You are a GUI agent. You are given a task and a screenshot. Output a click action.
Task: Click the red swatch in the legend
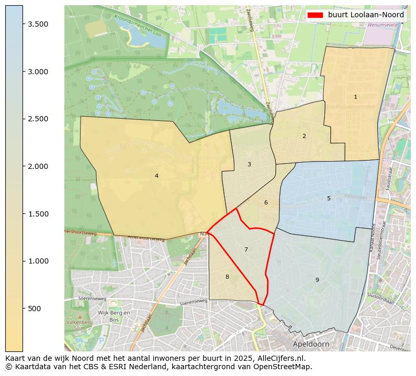point(316,15)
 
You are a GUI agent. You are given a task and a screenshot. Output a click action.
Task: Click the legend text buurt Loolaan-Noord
point(366,15)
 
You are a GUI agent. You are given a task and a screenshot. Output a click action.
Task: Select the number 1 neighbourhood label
point(355,97)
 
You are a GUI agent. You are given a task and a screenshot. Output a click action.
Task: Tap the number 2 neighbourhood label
point(304,136)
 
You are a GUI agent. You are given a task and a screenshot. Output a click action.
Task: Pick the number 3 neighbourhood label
point(249,164)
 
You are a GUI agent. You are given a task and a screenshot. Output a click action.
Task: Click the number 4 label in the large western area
point(156,176)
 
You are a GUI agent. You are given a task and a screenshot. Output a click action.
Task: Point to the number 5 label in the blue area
point(329,198)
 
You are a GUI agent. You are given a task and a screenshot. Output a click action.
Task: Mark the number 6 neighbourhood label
point(266,202)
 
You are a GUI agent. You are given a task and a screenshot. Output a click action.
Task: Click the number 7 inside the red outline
point(246,249)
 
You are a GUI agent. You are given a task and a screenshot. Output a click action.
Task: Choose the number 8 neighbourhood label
point(227,277)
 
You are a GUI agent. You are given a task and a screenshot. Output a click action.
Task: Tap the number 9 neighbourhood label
point(317,280)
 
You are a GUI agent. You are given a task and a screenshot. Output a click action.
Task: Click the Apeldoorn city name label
point(311,345)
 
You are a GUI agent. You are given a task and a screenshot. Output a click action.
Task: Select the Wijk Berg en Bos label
point(114,316)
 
